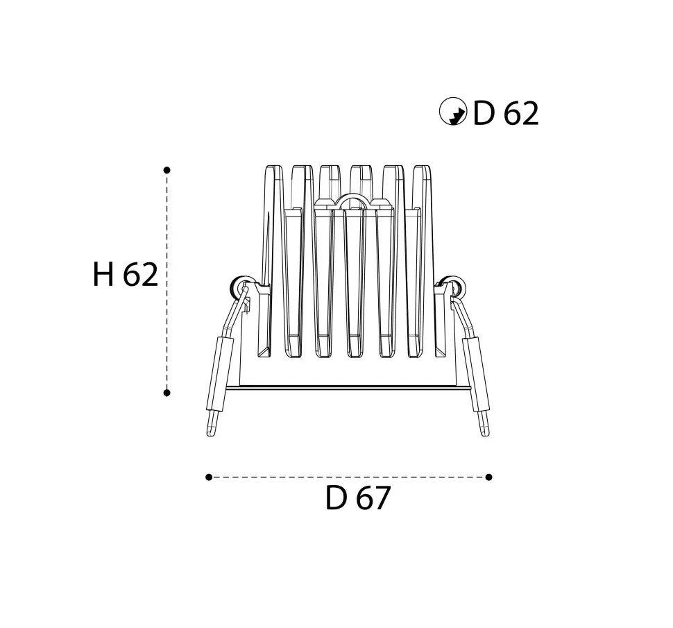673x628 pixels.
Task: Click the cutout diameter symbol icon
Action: pos(453,112)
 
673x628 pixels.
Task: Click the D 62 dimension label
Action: pos(506,114)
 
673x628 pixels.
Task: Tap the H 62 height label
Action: pos(126,275)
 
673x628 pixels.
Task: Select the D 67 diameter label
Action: pos(357,498)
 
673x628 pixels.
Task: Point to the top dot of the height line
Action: pos(167,170)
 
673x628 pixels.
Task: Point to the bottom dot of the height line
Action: pos(167,393)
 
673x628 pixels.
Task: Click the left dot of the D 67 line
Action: pos(209,477)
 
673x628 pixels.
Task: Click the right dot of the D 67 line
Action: pos(488,477)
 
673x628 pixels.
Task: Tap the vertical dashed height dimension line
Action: pos(167,282)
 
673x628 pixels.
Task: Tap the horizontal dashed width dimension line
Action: pos(348,477)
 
